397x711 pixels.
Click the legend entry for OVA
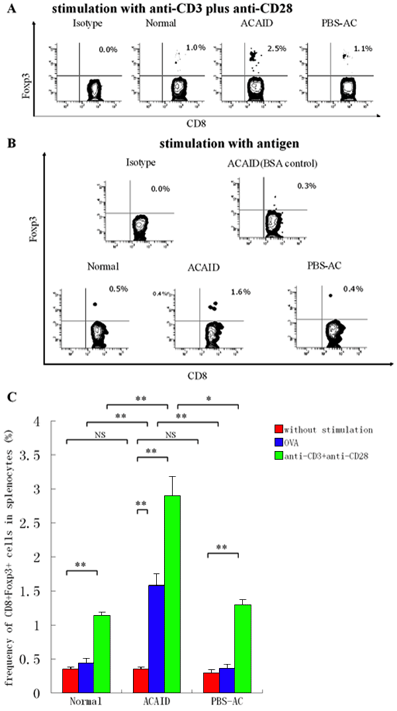(292, 441)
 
